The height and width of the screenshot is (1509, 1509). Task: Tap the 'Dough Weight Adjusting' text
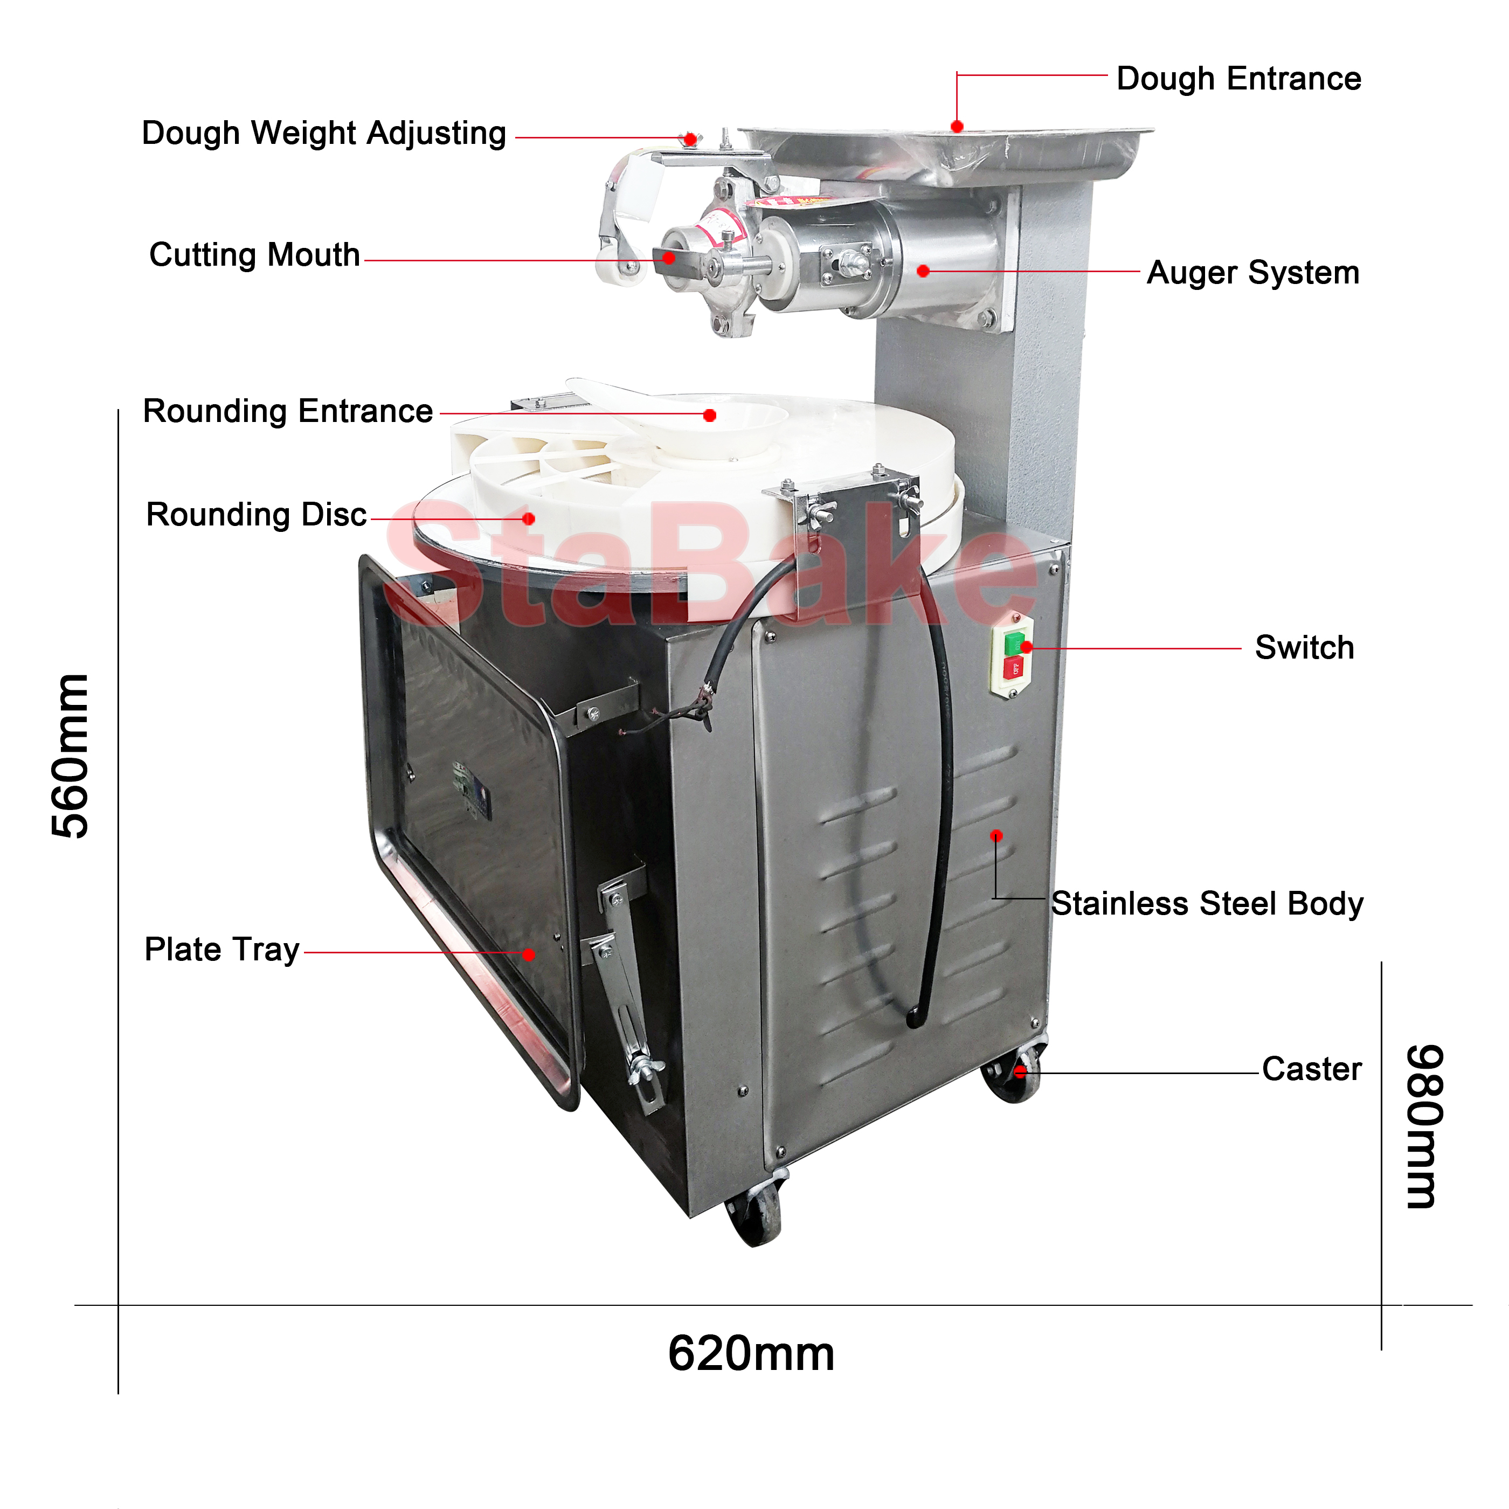click(323, 134)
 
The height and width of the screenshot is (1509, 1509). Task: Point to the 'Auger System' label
click(1253, 273)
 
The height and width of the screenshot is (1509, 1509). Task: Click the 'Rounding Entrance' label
click(287, 411)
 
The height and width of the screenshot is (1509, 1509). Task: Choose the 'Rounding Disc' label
click(256, 515)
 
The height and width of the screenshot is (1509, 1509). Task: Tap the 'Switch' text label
click(1304, 647)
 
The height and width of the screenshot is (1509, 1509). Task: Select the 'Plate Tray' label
click(222, 950)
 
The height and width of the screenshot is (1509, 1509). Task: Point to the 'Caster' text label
click(1311, 1069)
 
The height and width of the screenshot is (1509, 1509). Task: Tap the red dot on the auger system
click(923, 271)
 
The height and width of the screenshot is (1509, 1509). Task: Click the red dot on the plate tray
click(529, 954)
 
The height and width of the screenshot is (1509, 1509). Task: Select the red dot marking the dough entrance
click(957, 127)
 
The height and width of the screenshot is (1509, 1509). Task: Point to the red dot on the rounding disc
click(529, 518)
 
